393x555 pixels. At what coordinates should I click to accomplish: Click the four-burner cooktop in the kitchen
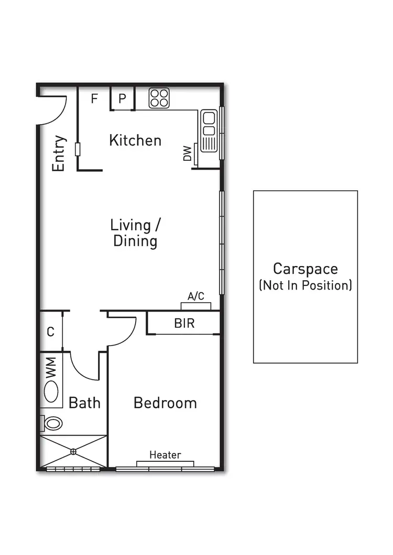point(159,97)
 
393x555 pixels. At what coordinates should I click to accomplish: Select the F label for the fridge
point(95,98)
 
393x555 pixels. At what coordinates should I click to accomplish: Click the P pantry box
point(123,99)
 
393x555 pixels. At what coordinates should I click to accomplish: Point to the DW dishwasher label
point(187,153)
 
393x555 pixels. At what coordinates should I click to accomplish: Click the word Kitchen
point(135,140)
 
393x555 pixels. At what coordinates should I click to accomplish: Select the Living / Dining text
point(135,233)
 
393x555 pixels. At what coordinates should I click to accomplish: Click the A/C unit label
point(196,296)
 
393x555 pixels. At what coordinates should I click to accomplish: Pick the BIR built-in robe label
point(184,324)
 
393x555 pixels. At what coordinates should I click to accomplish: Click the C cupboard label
point(50,331)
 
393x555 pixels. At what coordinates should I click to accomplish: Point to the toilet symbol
point(52,423)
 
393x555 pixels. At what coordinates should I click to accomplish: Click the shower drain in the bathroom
point(73,451)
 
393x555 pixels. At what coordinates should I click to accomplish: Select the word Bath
point(85,403)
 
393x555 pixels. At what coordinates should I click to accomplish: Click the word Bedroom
point(165,403)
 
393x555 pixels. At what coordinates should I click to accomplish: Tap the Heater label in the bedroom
point(165,454)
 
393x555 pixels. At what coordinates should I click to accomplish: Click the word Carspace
point(305,269)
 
